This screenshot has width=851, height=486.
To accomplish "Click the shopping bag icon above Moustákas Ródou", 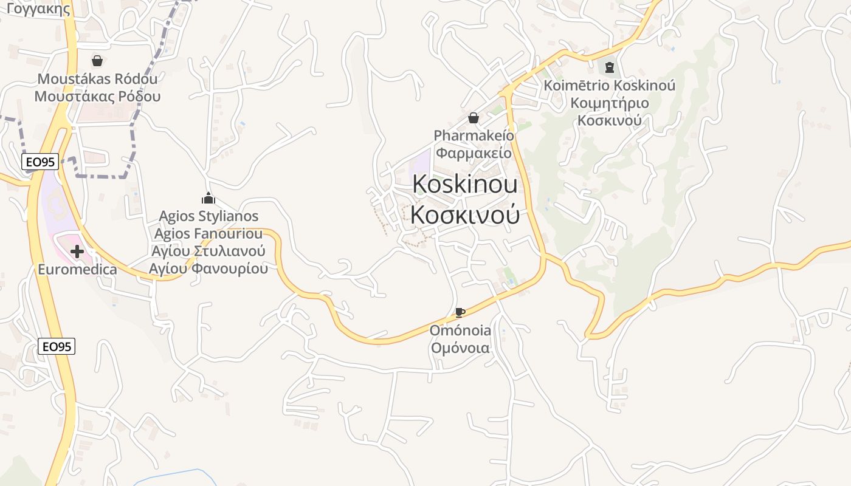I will click(97, 61).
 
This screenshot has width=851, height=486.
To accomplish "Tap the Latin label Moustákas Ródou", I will click(97, 79).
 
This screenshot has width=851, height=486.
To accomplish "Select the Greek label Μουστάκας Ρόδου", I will click(97, 96).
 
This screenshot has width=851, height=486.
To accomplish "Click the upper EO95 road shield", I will click(40, 162).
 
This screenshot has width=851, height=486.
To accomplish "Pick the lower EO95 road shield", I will click(57, 347).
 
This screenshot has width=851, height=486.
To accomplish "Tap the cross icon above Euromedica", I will click(77, 252).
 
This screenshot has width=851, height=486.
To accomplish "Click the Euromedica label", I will click(77, 269).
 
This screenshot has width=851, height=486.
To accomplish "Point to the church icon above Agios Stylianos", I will click(208, 198).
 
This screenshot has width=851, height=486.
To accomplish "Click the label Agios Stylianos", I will click(208, 216).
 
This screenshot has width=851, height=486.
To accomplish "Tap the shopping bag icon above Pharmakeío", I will click(474, 118).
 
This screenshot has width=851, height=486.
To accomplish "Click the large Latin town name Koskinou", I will click(465, 184).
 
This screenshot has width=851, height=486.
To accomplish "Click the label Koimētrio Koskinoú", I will click(610, 86).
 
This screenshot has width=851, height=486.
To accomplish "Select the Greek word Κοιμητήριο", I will click(610, 103).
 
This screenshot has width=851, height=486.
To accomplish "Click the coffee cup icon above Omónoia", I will click(460, 313).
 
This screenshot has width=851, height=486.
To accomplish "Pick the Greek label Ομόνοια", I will click(460, 348).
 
